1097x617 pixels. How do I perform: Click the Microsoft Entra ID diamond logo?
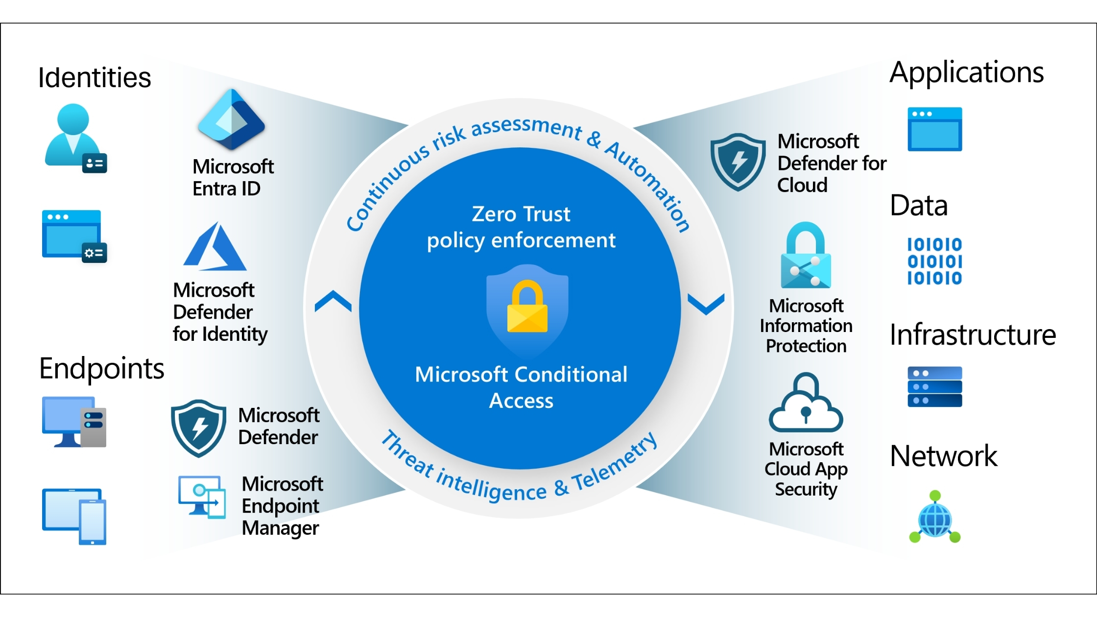coord(231,120)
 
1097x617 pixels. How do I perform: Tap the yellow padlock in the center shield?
coord(527,308)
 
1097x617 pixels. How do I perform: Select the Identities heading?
coord(95,77)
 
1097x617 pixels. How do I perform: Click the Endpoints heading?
coord(101,368)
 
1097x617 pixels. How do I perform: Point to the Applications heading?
coord(966,72)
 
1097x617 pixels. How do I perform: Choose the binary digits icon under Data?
coord(934,261)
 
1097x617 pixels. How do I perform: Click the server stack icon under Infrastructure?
coord(934,387)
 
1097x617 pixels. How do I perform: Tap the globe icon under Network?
coord(935,518)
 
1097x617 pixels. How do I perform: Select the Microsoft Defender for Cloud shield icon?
coord(738,162)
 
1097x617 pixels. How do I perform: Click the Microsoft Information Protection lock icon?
coord(806,256)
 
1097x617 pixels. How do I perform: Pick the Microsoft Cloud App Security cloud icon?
coord(806,403)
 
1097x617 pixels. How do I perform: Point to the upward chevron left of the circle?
coord(333,301)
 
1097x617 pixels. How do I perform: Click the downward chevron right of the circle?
coord(706,304)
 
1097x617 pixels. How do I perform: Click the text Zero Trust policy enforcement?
coord(521,227)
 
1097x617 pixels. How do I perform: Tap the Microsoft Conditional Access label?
coord(521,387)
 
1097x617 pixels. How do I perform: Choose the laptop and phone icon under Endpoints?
coord(74,516)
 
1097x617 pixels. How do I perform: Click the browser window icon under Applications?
coord(934,129)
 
